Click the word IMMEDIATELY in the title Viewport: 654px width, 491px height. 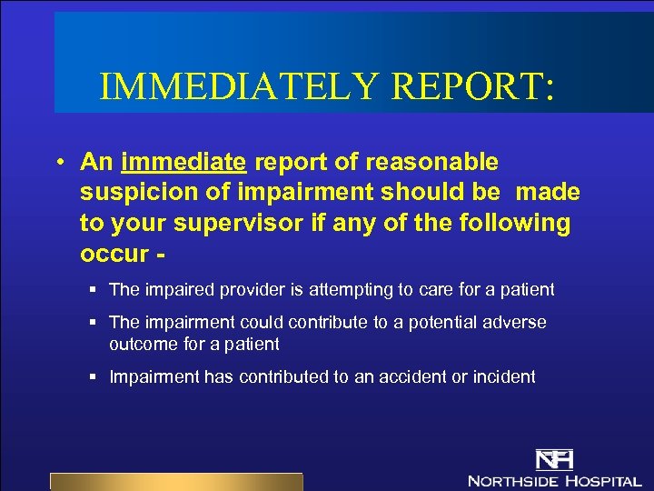point(239,86)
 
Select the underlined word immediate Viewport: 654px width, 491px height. point(183,163)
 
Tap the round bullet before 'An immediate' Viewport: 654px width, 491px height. point(58,163)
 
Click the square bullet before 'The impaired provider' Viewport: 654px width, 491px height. point(94,290)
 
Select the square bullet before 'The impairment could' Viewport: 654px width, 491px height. point(94,323)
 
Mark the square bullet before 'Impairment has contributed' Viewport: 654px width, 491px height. point(94,377)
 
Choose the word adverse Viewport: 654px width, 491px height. point(515,323)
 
